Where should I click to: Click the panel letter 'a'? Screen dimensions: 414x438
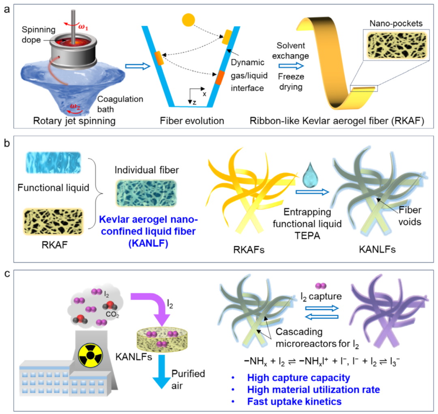click(6, 9)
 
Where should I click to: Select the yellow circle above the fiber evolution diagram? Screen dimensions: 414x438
click(189, 20)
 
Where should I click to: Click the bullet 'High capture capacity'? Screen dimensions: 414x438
click(298, 378)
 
